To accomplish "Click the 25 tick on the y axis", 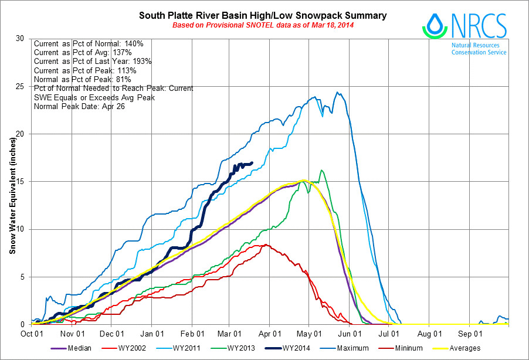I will [22, 86].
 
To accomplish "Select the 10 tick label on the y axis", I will [22, 229].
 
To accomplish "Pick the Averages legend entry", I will [465, 348].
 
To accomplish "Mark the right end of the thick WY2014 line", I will [252, 163].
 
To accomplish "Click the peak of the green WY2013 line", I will [321, 171].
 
